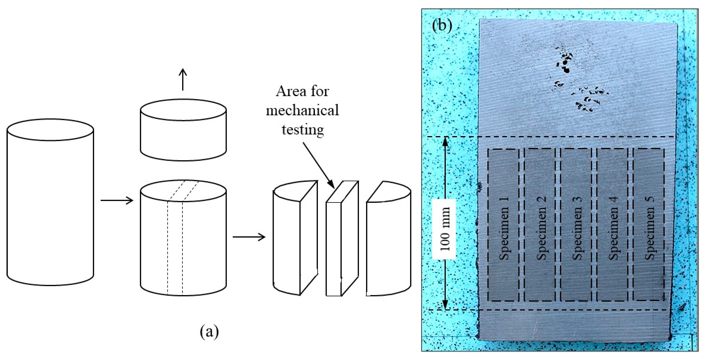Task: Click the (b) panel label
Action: pyautogui.click(x=442, y=26)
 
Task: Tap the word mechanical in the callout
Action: pyautogui.click(x=302, y=110)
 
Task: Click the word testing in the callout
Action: pyautogui.click(x=303, y=129)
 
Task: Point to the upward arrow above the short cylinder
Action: pyautogui.click(x=183, y=79)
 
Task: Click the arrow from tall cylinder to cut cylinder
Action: pyautogui.click(x=117, y=200)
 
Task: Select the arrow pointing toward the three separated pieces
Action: pyautogui.click(x=249, y=237)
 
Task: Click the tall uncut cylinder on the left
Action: pyautogui.click(x=50, y=203)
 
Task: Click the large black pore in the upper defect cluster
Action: pyautogui.click(x=566, y=70)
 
